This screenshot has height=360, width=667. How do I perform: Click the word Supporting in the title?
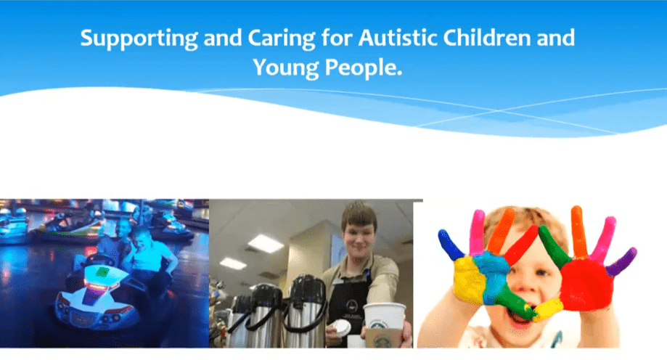pos(139,39)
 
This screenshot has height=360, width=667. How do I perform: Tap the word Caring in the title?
pos(281,39)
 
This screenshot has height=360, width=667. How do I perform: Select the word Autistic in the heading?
pos(397,38)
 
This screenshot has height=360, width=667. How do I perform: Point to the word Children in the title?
pos(487,38)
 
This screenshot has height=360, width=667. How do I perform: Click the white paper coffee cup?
pos(383,324)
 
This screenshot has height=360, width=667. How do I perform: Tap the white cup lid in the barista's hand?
pos(341,327)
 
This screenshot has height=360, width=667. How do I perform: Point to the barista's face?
pos(359,236)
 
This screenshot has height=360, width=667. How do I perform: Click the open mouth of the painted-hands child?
pos(519,314)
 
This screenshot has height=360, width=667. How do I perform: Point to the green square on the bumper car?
pos(102,271)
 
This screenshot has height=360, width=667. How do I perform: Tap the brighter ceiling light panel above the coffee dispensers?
pos(266,244)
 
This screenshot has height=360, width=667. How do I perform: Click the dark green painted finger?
pos(555,245)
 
